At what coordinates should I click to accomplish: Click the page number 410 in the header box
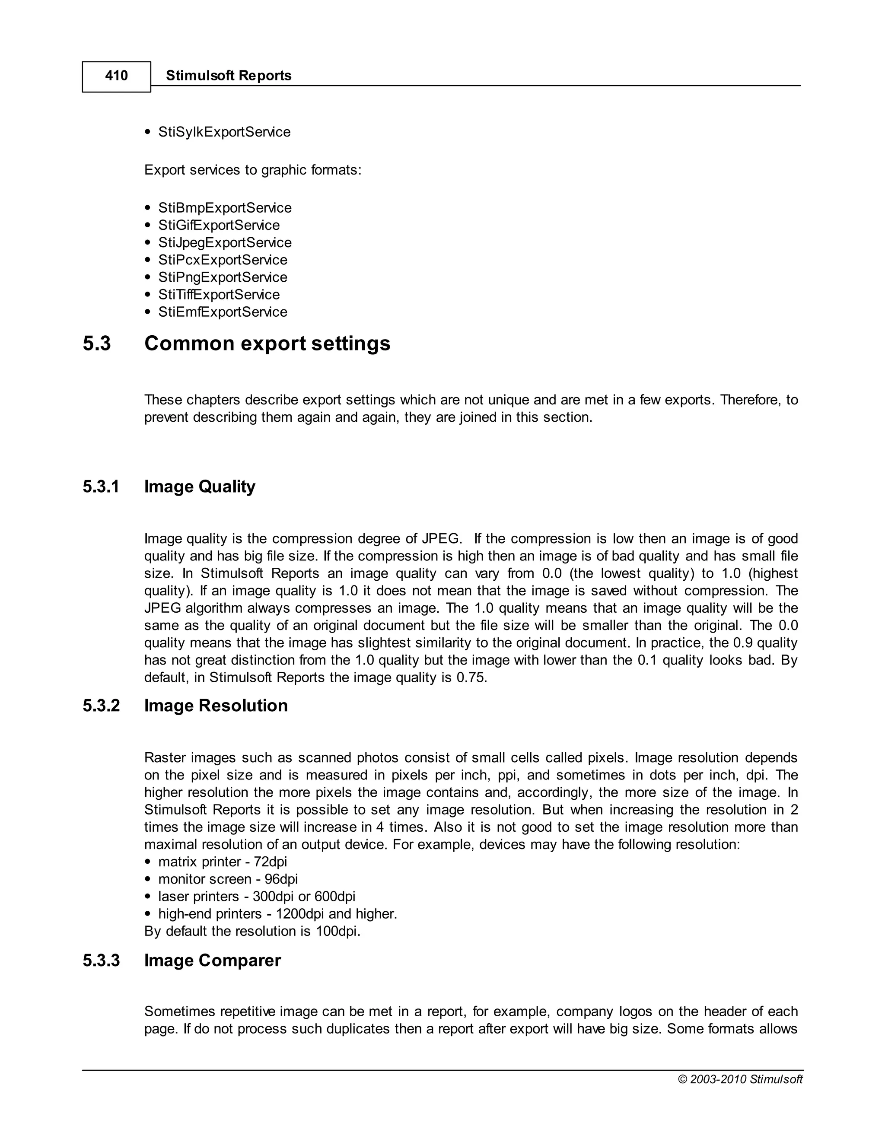tap(116, 76)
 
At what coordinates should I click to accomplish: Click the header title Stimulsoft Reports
tap(229, 76)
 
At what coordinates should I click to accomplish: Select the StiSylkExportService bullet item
tap(224, 132)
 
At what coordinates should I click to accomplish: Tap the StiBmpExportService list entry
tap(224, 208)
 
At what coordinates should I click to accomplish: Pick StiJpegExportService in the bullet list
tap(224, 243)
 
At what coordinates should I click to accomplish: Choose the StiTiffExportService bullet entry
tap(219, 295)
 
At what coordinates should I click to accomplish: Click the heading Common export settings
tap(267, 343)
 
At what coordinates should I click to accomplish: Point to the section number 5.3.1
tap(101, 487)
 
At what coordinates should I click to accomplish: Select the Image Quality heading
tap(200, 487)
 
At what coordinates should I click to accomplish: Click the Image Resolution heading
tap(216, 706)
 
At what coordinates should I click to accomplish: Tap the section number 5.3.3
tap(101, 961)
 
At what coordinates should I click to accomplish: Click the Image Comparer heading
tap(212, 961)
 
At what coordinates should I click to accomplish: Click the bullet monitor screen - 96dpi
tap(228, 879)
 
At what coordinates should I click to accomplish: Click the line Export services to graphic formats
tap(253, 170)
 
